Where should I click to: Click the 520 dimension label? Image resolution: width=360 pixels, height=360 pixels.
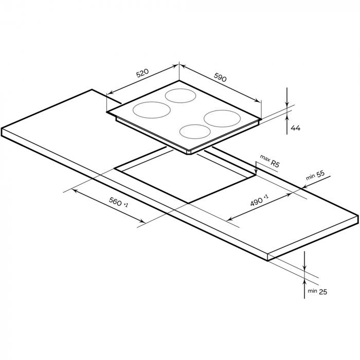(x=142, y=73)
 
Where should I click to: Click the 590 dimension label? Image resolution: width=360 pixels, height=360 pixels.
(x=220, y=77)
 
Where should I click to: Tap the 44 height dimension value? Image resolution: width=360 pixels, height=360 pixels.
(x=296, y=128)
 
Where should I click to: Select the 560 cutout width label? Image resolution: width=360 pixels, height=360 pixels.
(x=118, y=202)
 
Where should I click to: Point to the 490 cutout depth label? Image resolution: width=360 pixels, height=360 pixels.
(x=259, y=200)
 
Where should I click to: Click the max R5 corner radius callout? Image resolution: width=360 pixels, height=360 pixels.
(x=269, y=160)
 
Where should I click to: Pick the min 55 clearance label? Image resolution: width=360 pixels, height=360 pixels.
(x=315, y=175)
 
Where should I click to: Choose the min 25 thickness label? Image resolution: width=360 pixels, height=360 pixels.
(x=317, y=292)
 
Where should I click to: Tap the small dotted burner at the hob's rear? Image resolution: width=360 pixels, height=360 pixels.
(x=181, y=96)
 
